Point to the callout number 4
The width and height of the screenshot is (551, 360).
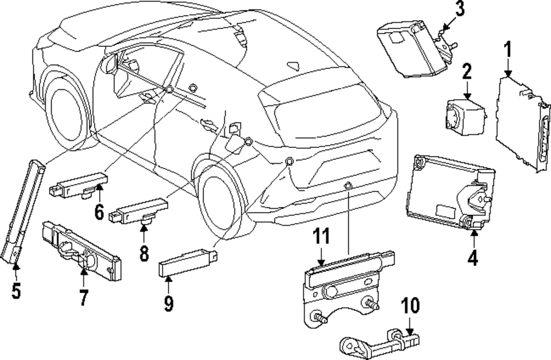pos(472,257)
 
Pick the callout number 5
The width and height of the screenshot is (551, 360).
pos(16,290)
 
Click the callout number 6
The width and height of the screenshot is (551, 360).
pos(99,211)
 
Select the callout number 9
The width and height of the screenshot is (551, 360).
pos(169,302)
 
